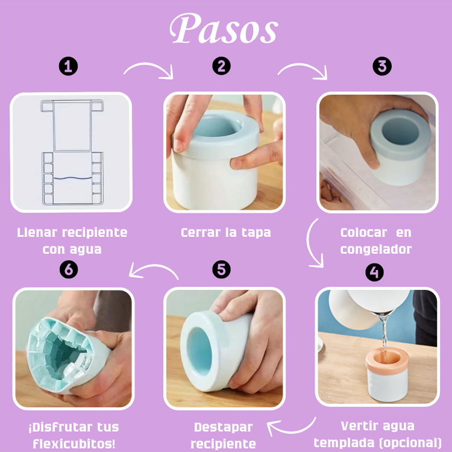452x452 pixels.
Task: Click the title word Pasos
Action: click(x=224, y=28)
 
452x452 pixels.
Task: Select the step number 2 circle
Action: click(x=222, y=66)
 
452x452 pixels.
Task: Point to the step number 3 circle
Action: click(x=381, y=66)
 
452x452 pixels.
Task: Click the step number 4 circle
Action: click(x=374, y=272)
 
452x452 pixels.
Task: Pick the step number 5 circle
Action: click(x=222, y=269)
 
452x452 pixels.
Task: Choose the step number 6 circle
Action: click(x=69, y=269)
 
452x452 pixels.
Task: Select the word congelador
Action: click(x=375, y=249)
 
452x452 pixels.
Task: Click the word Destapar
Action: click(x=223, y=427)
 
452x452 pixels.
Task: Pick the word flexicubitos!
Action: click(x=73, y=444)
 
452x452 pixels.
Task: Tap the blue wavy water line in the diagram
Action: click(x=72, y=178)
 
